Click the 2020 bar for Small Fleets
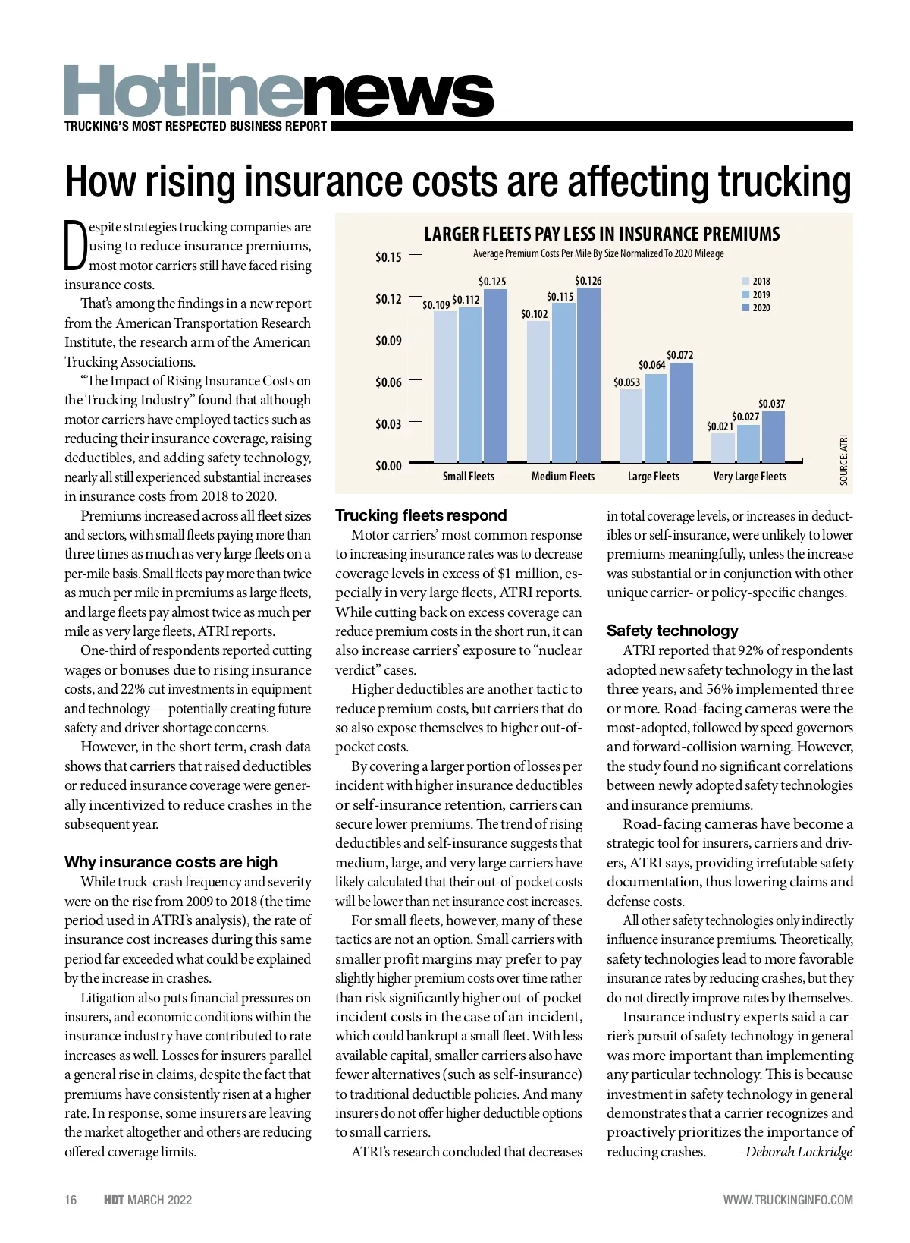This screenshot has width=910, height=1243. coord(494,376)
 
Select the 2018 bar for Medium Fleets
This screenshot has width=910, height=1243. coord(538,392)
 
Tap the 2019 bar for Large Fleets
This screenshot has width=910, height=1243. coord(655,418)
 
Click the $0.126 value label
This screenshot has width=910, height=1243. coord(588,281)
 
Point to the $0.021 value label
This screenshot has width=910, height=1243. coord(720,426)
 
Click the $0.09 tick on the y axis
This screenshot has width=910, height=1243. coord(388,341)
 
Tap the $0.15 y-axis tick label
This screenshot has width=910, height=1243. coord(388,257)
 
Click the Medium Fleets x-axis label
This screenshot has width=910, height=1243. coord(563,477)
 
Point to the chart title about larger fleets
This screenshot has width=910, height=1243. coord(601,234)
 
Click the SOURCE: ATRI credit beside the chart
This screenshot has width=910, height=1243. coord(843,460)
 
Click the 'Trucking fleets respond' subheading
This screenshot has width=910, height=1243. coord(421,515)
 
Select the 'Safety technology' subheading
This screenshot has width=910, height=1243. coord(672,631)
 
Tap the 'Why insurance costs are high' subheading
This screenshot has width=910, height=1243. coord(171,862)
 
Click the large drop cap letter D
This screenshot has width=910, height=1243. coord(75,245)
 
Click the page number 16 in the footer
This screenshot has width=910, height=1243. coord(71,1200)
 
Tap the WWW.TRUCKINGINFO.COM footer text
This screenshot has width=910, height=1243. coord(787,1200)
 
